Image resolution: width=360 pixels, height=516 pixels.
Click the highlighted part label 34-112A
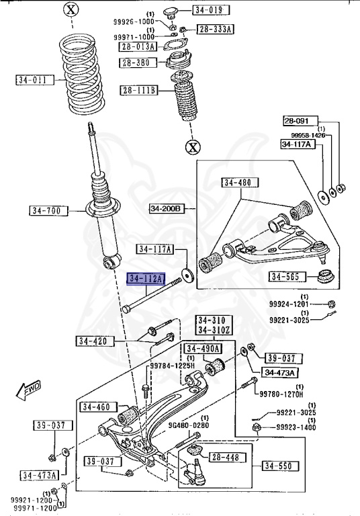(x=146, y=279)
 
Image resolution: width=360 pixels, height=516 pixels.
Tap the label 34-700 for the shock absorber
(x=48, y=210)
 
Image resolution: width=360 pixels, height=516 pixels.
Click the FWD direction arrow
(x=28, y=390)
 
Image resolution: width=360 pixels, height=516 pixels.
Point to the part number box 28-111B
(x=139, y=90)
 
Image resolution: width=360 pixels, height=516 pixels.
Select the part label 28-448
(x=226, y=457)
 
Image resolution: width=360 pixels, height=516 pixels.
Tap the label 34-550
(x=281, y=466)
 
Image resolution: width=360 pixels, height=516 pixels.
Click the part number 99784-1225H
(x=172, y=365)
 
